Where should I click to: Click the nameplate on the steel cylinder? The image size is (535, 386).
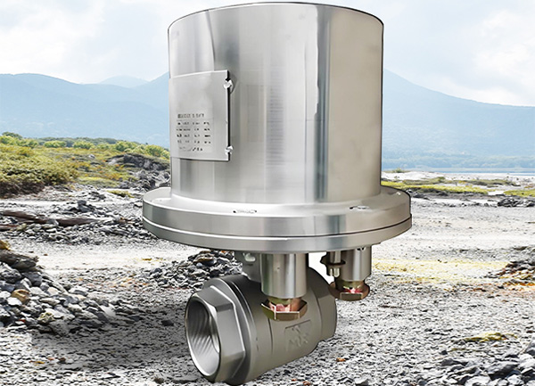pos(198,116)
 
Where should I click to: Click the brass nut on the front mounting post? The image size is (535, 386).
pos(284,308)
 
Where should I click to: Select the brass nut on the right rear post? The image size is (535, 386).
pos(350,289)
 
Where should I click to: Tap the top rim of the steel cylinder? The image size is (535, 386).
pos(276,11)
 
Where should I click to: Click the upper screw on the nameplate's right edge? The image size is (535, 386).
pos(229,84)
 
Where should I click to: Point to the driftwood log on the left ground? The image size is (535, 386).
pos(53,219)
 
